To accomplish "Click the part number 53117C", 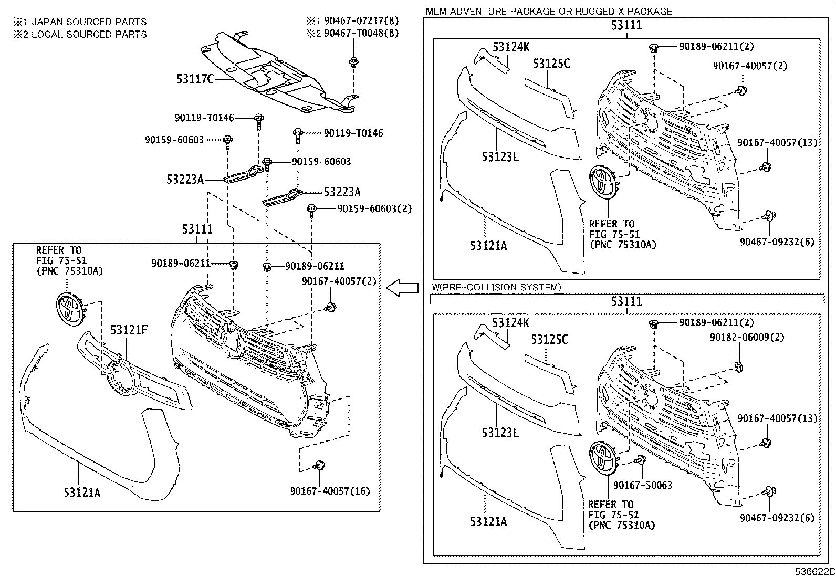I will pyautogui.click(x=195, y=79).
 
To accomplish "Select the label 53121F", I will pyautogui.click(x=129, y=330).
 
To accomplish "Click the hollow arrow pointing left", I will pyautogui.click(x=402, y=287).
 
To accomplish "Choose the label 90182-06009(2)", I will pyautogui.click(x=747, y=338).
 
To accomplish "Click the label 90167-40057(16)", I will pyautogui.click(x=330, y=491).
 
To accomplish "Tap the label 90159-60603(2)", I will pyautogui.click(x=374, y=208).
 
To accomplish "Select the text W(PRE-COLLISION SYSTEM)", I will pyautogui.click(x=496, y=287).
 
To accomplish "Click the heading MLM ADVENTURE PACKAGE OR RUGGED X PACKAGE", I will pyautogui.click(x=549, y=11).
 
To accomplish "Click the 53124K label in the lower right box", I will pyautogui.click(x=511, y=323).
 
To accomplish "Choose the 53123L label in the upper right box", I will pyautogui.click(x=500, y=156).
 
